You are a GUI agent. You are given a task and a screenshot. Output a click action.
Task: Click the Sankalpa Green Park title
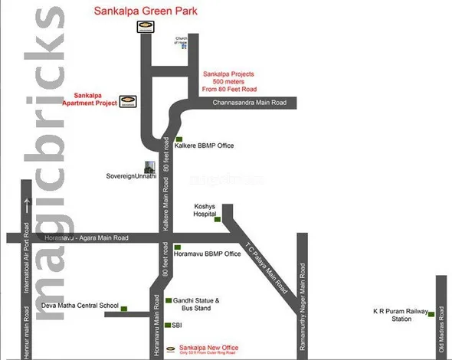pos(146,11)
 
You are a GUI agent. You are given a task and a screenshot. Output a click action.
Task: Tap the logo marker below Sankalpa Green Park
pos(144,27)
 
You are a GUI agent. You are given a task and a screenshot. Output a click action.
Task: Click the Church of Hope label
pos(182,41)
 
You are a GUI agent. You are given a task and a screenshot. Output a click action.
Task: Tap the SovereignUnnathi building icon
pos(150,167)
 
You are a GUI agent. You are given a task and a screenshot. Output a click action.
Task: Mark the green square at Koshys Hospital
pos(217,221)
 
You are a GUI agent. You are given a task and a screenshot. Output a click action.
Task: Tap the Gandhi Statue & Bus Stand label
pos(197,304)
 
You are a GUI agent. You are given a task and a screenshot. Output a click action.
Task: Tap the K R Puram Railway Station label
pos(397,315)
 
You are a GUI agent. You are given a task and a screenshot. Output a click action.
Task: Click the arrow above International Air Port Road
pos(25,205)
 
